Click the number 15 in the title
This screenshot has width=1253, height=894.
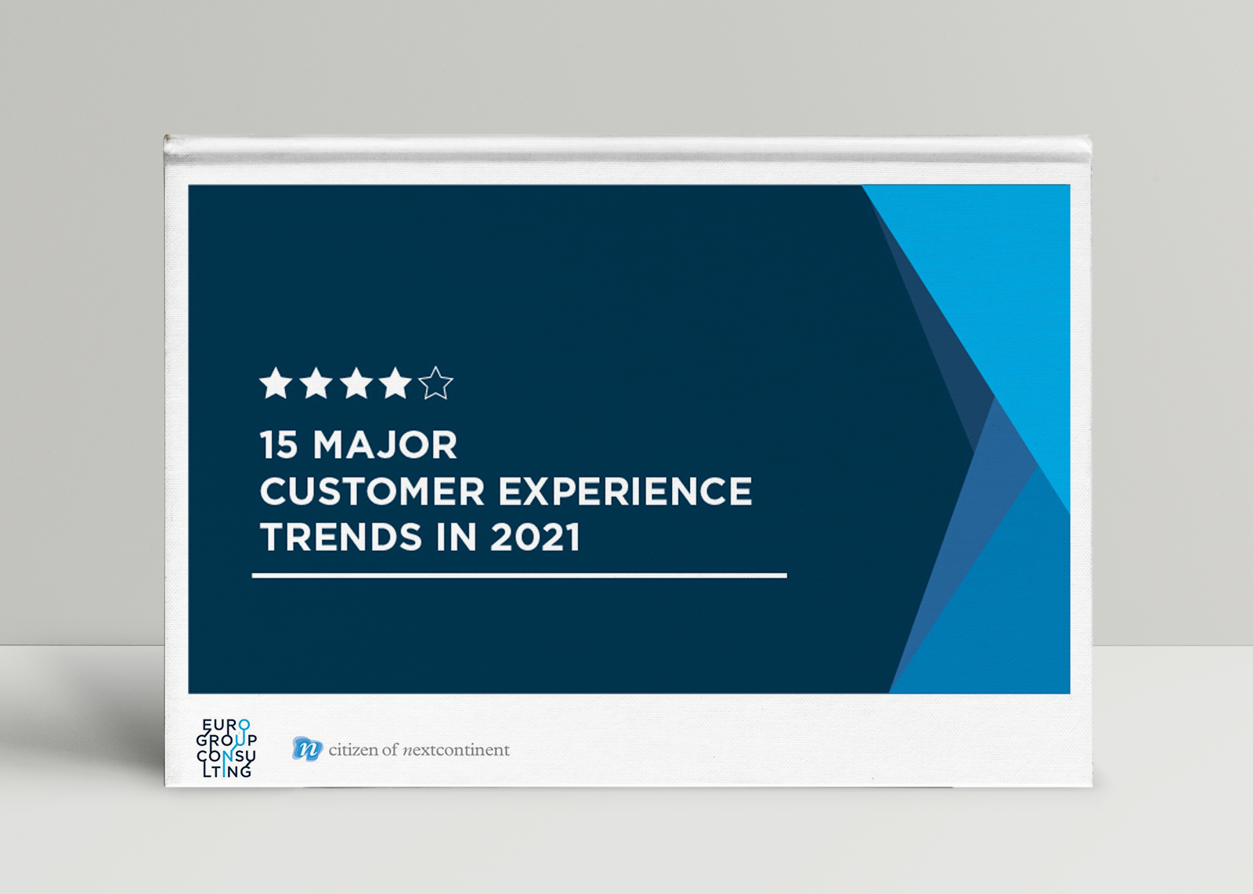tap(278, 445)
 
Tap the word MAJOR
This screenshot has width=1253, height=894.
tap(385, 445)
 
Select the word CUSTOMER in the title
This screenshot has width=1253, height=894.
tap(372, 492)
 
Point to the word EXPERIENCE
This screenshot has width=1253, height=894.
tap(626, 492)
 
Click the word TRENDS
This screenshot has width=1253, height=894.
tap(341, 537)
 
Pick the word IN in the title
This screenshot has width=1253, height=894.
tap(456, 537)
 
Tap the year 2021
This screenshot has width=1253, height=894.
tap(536, 537)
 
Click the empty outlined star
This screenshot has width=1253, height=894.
tap(435, 384)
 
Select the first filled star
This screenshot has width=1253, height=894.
tap(276, 384)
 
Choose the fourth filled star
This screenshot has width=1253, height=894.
tap(395, 384)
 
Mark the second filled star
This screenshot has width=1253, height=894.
tap(316, 384)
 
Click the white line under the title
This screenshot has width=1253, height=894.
tap(519, 575)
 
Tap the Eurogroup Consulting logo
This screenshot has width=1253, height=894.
tap(226, 748)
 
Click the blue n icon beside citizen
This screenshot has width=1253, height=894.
tap(307, 749)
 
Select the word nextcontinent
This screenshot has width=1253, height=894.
tap(457, 750)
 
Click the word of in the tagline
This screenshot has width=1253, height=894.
tap(391, 750)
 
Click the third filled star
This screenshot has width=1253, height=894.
tap(356, 384)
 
